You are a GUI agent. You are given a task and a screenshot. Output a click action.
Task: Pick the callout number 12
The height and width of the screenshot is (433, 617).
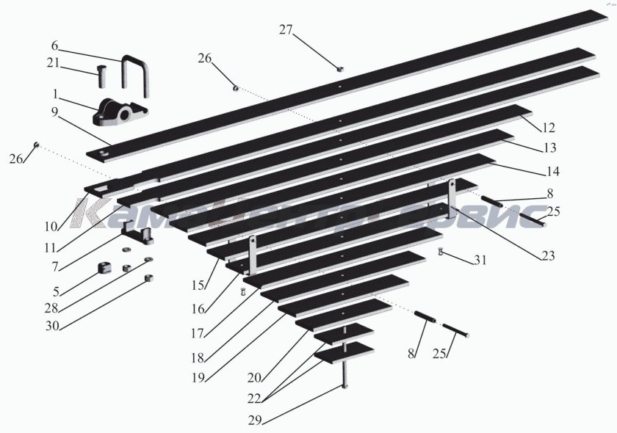(549, 126)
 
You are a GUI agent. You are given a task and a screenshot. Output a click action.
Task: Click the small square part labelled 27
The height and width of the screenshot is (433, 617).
(341, 68)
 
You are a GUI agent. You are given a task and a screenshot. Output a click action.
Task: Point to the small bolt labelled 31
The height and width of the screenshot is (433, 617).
(440, 253)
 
